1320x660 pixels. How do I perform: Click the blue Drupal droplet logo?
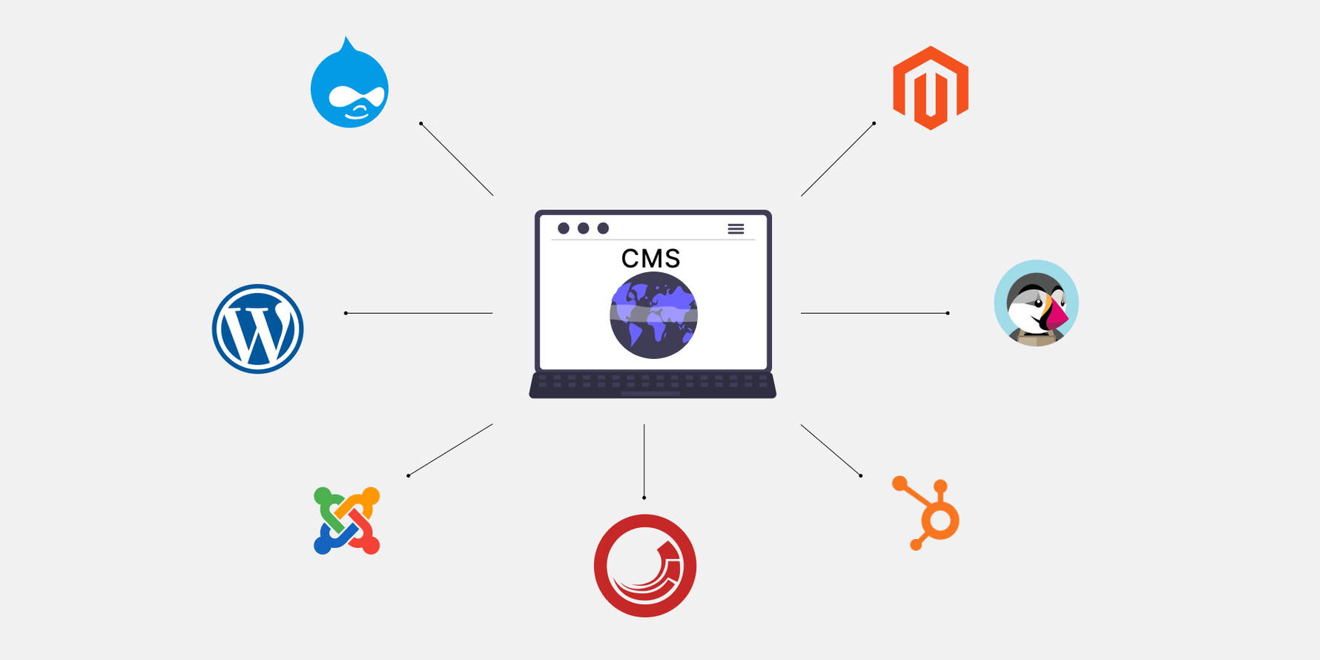[x=349, y=85]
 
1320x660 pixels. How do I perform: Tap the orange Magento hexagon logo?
[x=931, y=88]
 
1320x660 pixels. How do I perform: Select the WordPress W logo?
[x=257, y=329]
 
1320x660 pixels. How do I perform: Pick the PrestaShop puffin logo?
[x=1036, y=303]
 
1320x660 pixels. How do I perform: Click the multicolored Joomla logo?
[x=346, y=521]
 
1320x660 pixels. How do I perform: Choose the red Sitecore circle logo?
[x=644, y=566]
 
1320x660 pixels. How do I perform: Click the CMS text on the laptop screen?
[x=650, y=258]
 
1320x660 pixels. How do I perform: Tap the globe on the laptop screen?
[x=653, y=315]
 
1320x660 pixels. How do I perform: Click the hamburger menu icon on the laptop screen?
[x=736, y=229]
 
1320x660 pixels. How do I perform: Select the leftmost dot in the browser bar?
[x=564, y=228]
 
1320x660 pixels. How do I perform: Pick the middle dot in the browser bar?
[x=584, y=228]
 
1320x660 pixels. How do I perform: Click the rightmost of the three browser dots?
[x=603, y=228]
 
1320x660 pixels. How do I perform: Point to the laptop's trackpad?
[x=650, y=394]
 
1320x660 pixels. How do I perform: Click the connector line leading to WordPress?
[x=419, y=313]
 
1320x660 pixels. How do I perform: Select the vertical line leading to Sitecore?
[x=644, y=461]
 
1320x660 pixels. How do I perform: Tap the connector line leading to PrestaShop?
[x=874, y=313]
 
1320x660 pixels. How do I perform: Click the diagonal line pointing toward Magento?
[x=838, y=159]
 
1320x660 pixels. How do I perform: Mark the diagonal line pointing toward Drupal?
[x=457, y=159]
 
